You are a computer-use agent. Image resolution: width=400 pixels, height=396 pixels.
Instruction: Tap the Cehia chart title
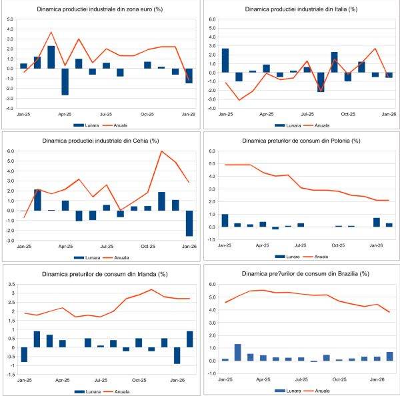pos(101,141)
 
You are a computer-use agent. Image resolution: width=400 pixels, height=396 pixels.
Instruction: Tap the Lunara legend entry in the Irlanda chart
pos(85,390)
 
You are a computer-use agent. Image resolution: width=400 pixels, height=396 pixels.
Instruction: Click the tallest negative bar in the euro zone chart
pos(65,81)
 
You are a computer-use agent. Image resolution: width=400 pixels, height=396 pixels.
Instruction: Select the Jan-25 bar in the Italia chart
pos(225,60)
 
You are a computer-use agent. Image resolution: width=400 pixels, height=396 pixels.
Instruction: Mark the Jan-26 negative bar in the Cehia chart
pos(189,223)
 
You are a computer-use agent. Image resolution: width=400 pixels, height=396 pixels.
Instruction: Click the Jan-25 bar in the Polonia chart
pos(225,221)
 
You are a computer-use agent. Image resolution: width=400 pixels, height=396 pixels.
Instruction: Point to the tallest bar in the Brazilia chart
pos(238,353)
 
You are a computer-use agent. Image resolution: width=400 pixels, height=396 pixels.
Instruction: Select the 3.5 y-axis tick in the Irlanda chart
pos(11,284)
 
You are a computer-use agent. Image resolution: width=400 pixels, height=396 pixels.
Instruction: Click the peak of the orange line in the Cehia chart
pos(162,151)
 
